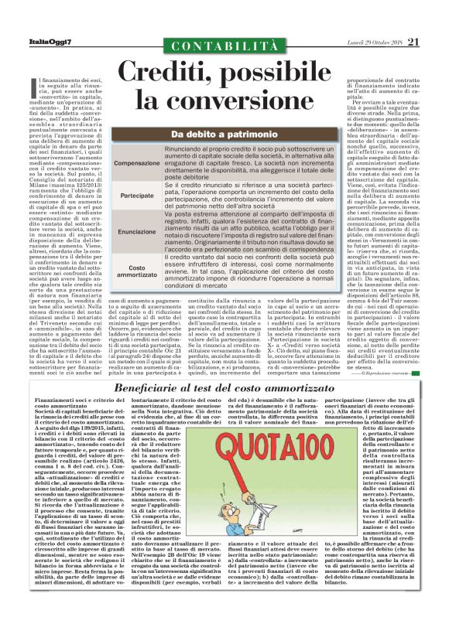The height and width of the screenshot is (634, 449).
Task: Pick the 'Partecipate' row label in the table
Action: click(138, 196)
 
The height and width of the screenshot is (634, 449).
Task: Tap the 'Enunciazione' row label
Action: click(138, 231)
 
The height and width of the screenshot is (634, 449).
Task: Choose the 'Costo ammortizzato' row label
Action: click(138, 271)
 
